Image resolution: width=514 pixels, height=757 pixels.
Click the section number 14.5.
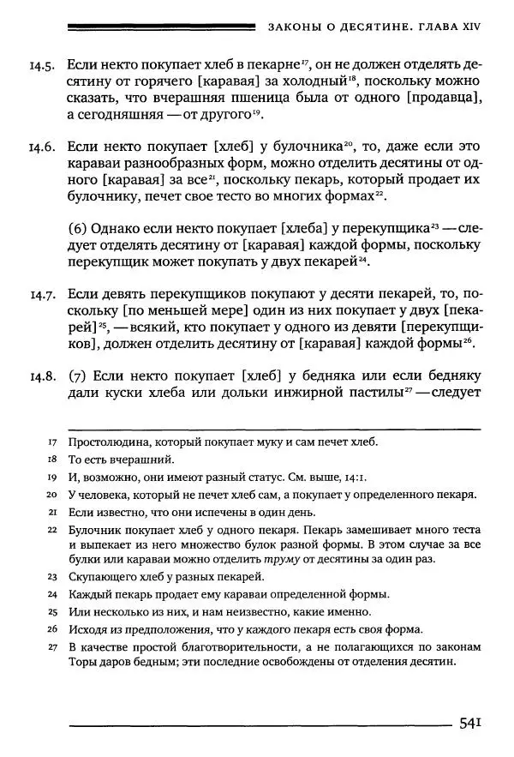[42, 65]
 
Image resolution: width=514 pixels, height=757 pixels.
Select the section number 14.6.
[42, 147]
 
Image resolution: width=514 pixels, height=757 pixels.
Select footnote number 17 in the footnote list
[52, 442]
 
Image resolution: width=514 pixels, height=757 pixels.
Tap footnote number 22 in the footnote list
[52, 529]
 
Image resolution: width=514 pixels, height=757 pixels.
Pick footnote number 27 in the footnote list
[52, 646]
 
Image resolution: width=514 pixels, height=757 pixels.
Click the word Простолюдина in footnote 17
[108, 442]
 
